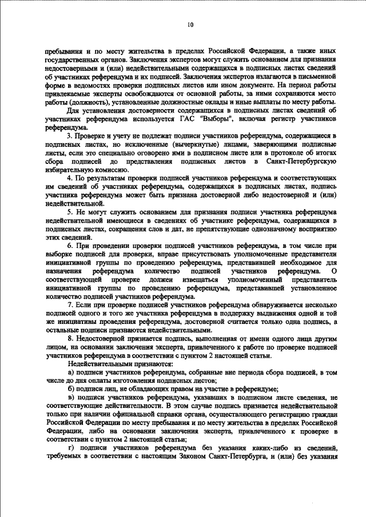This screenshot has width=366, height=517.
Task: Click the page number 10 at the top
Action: (190, 24)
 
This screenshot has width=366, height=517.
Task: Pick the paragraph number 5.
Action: (70, 213)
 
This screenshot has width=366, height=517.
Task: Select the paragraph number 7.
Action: (70, 306)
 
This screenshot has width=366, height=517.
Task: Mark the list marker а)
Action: (71, 372)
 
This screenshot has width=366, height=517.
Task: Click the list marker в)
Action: (71, 397)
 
